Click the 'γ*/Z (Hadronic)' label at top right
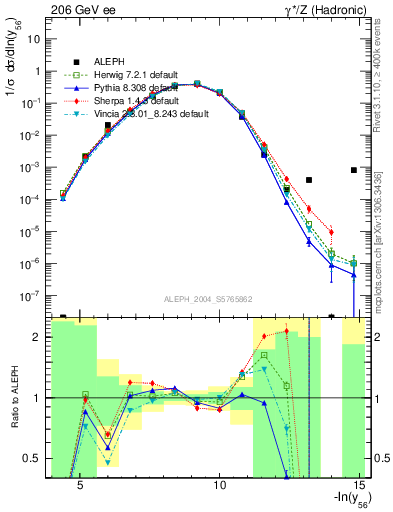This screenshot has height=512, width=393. click(326, 8)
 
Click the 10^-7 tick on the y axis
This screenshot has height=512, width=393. click(31, 296)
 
